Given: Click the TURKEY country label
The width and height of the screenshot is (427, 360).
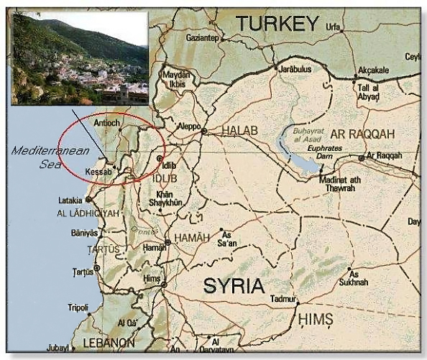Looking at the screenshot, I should click(x=277, y=24).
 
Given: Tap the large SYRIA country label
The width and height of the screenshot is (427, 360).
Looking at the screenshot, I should click(x=234, y=285).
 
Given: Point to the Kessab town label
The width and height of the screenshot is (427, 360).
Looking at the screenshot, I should click(x=98, y=173).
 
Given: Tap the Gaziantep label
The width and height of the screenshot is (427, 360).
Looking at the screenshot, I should click(x=201, y=37).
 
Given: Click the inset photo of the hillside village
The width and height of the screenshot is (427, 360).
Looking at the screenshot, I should click(x=79, y=57).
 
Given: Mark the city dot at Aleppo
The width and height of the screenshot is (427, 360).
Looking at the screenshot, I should click(x=204, y=131).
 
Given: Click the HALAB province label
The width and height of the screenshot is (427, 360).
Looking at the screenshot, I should click(x=239, y=130).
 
